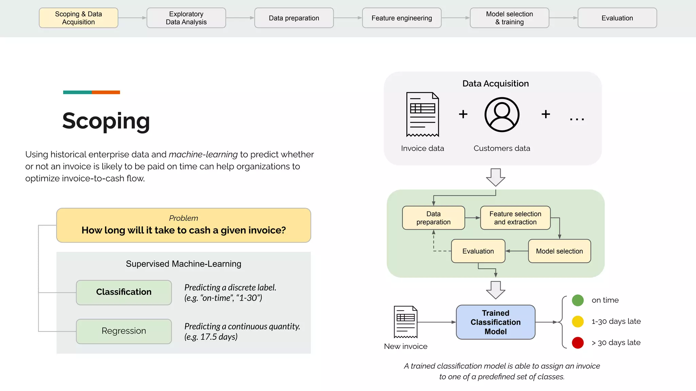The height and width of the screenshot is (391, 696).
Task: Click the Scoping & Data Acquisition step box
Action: (x=79, y=18)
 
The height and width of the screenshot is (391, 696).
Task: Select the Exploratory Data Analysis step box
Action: (x=186, y=18)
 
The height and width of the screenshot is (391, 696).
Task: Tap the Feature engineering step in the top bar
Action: (x=402, y=18)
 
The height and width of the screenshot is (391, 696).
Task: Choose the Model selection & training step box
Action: (x=509, y=18)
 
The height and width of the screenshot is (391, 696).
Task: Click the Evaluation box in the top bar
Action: (x=617, y=18)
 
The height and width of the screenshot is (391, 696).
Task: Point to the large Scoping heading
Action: (x=106, y=121)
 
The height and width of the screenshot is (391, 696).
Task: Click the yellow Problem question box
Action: (x=184, y=225)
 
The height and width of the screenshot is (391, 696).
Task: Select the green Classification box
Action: (x=124, y=292)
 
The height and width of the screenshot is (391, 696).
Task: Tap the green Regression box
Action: (x=124, y=331)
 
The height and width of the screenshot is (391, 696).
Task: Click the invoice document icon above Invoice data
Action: (x=422, y=114)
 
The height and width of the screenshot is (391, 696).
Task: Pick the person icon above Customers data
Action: (x=502, y=115)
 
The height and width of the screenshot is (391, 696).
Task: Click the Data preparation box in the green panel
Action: (x=433, y=218)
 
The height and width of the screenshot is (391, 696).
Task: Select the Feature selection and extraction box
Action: (x=515, y=218)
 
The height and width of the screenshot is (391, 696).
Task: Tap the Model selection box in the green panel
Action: (x=559, y=251)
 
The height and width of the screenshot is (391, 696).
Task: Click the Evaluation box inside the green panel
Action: (x=478, y=251)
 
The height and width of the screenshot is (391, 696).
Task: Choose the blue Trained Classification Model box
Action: (x=495, y=322)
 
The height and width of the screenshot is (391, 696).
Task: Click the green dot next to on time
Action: (x=578, y=300)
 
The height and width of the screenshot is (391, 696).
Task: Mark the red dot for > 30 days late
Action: (x=578, y=342)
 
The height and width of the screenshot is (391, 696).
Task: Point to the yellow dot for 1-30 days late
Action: (x=578, y=321)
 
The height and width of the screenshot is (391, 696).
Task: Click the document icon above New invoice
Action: (x=405, y=322)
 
